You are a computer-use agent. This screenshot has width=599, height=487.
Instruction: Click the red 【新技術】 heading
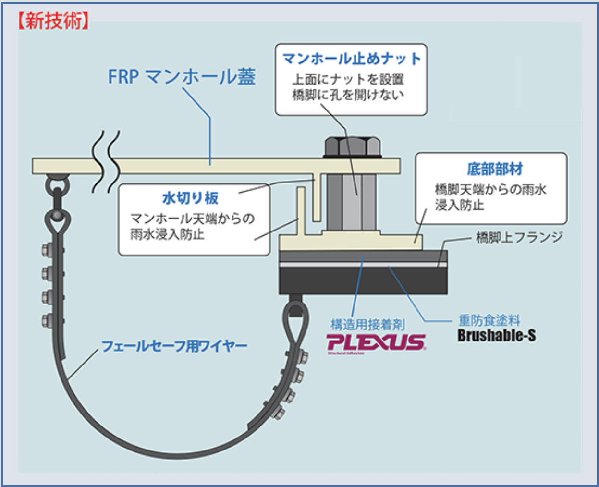click(53, 22)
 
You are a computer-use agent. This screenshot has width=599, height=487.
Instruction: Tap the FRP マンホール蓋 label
click(181, 77)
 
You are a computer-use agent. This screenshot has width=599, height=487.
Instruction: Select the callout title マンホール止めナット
click(351, 59)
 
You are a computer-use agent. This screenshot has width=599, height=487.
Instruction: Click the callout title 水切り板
click(190, 198)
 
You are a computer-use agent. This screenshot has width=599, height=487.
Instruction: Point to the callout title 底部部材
click(494, 169)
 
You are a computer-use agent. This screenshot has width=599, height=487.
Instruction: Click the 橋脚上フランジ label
click(519, 237)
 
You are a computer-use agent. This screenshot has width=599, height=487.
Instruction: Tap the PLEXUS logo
click(376, 343)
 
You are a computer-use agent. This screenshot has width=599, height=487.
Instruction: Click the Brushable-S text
click(496, 335)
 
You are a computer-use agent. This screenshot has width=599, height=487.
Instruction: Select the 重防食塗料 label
click(489, 320)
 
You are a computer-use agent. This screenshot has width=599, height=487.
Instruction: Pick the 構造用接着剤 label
click(367, 325)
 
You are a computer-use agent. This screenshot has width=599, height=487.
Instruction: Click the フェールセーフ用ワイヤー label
click(174, 346)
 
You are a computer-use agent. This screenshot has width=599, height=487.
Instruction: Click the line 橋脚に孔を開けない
click(348, 95)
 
